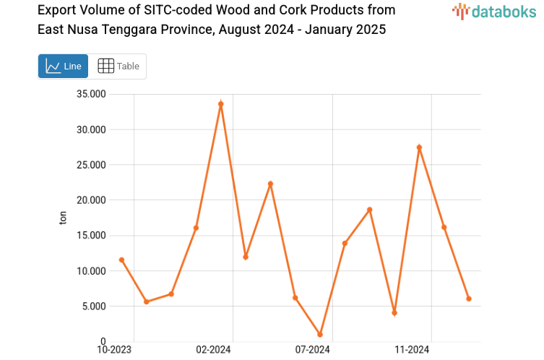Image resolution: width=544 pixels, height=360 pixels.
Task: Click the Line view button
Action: coord(63,66)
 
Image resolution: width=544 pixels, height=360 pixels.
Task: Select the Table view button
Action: coord(118,66)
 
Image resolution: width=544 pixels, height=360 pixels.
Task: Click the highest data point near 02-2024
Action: coord(221,104)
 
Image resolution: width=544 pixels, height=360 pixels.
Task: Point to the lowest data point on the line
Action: coord(320,335)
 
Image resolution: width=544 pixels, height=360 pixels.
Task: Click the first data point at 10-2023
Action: coord(121,260)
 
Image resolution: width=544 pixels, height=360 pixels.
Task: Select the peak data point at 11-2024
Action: coord(419,147)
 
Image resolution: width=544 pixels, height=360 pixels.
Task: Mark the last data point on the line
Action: coord(469,299)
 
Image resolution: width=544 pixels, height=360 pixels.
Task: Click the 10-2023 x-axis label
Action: coord(115,350)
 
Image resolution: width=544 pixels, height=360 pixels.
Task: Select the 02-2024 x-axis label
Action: coord(214,350)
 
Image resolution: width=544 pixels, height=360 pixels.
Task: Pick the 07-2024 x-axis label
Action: coord(313,350)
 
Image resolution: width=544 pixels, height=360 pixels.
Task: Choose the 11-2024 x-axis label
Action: coord(412,350)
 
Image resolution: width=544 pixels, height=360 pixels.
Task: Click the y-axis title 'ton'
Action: coord(63,218)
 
